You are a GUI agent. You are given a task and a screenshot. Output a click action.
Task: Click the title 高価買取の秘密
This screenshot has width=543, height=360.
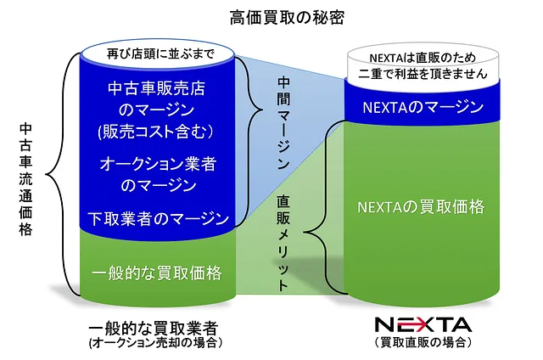(x=287, y=18)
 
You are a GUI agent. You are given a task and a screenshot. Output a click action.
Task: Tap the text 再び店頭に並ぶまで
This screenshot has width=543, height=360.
(x=160, y=53)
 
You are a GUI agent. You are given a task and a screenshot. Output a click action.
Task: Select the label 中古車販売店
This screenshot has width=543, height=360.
(x=156, y=88)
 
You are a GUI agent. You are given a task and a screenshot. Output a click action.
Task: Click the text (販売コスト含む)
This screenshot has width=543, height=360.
(x=155, y=132)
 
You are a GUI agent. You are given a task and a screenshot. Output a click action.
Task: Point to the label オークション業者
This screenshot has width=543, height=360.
(x=159, y=164)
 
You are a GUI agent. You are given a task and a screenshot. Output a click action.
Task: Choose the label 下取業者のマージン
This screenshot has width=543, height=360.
(x=159, y=219)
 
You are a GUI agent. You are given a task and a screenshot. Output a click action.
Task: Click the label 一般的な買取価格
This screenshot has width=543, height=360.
(x=156, y=273)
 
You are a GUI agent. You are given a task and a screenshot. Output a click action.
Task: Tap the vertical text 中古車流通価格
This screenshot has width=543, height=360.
(x=26, y=179)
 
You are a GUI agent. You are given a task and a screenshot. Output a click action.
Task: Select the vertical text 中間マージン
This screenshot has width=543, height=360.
(x=283, y=123)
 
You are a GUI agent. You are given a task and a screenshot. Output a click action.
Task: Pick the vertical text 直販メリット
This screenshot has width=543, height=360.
(x=283, y=243)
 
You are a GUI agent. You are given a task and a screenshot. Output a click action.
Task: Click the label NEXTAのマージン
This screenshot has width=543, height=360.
(x=423, y=107)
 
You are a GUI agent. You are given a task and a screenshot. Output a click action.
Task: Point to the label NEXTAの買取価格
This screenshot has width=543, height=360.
(x=421, y=207)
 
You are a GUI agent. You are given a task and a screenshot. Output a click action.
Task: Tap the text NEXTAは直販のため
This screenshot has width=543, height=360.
(x=423, y=58)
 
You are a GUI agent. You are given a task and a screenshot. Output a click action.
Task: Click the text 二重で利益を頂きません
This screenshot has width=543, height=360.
(x=423, y=74)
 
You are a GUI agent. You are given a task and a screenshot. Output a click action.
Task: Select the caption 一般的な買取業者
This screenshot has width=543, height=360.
(x=154, y=328)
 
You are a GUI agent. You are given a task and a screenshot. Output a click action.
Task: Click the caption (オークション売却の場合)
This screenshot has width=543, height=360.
(x=155, y=343)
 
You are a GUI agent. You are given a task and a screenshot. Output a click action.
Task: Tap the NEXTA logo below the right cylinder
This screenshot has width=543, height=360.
(x=423, y=325)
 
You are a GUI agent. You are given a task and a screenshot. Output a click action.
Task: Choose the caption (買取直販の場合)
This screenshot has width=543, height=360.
(x=423, y=342)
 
